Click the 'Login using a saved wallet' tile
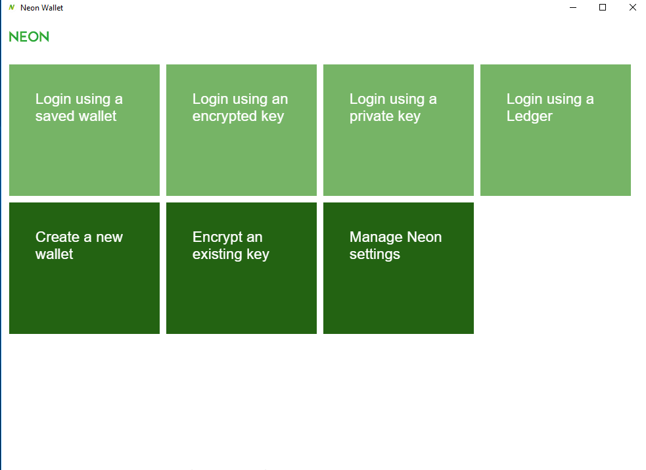(84, 129)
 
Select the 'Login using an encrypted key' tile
(241, 129)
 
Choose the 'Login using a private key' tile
(398, 129)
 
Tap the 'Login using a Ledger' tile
(555, 129)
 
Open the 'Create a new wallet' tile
(84, 268)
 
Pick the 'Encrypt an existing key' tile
(241, 268)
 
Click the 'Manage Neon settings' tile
(398, 268)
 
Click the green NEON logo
(29, 37)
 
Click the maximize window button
(603, 7)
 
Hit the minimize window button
(572, 7)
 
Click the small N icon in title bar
(12, 7)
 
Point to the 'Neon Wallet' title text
(41, 8)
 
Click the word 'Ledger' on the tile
(530, 116)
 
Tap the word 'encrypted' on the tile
(225, 116)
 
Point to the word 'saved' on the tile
(53, 116)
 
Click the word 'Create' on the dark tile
(57, 237)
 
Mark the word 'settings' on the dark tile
(375, 254)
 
